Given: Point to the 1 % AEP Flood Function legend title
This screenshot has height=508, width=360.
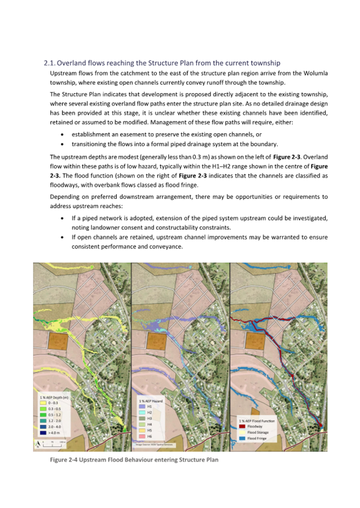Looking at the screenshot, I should click(259, 421).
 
